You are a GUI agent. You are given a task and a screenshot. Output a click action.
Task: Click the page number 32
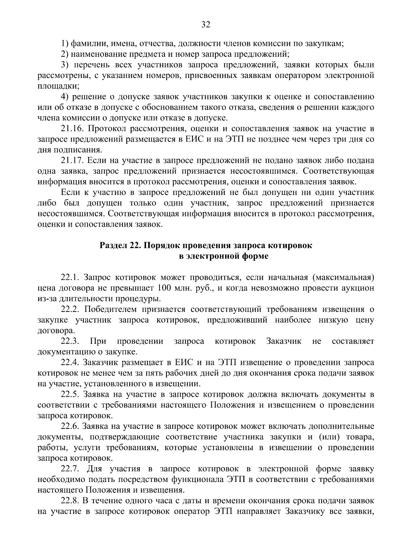click(x=206, y=25)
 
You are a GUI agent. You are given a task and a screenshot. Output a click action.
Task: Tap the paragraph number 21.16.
click(x=71, y=129)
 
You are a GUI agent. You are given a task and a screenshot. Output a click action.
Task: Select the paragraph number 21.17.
click(x=71, y=161)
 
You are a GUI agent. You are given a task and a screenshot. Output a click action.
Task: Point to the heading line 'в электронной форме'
click(x=224, y=256)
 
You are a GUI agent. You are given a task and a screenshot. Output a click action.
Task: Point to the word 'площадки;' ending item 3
click(x=58, y=86)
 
